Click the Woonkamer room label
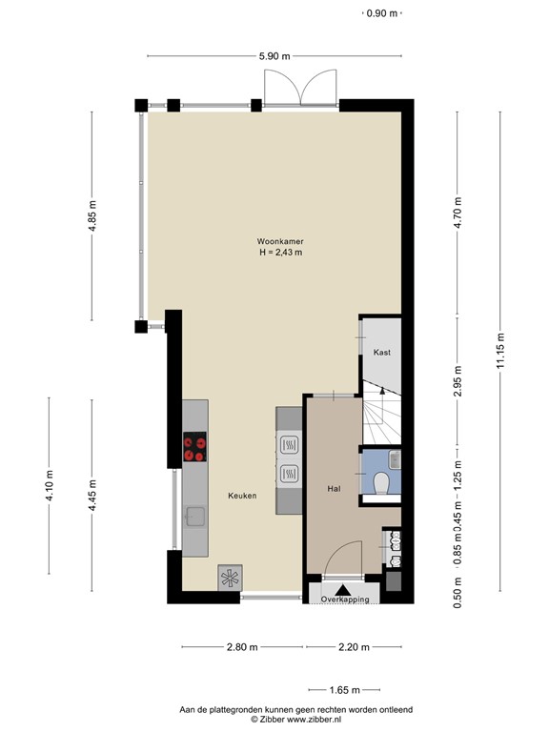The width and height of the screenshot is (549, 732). coord(279,241)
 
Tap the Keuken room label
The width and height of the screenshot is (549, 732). coord(241,496)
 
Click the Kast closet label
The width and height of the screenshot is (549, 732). coord(381,353)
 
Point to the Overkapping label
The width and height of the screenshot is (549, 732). coord(344,600)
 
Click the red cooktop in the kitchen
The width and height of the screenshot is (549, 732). coord(195,448)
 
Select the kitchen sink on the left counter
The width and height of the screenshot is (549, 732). coord(195,518)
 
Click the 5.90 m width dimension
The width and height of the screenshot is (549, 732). coord(274,56)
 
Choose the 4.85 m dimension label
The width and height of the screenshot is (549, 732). coord(92,216)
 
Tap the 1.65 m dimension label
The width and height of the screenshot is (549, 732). coord(344,690)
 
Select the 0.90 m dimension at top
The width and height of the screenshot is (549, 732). coord(382,13)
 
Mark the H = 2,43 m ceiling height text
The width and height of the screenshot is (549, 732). coord(279,253)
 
